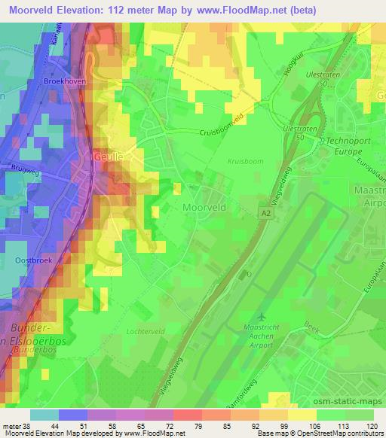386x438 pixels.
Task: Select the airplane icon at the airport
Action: click(x=262, y=316)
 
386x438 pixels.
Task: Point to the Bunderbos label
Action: click(x=30, y=350)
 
